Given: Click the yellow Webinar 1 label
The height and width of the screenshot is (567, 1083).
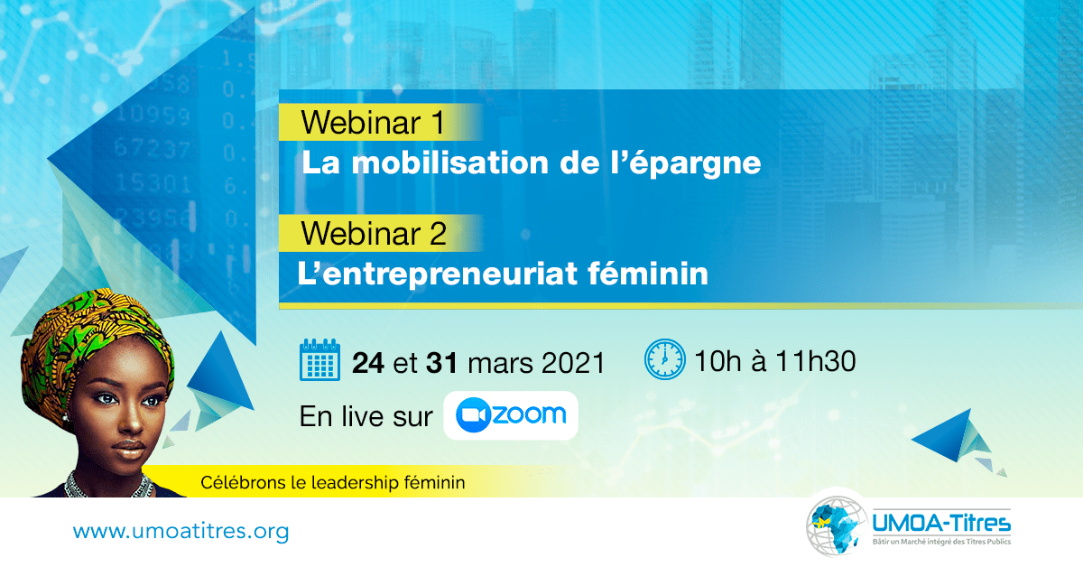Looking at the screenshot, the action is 380,122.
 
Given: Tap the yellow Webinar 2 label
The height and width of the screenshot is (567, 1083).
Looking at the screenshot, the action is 380,233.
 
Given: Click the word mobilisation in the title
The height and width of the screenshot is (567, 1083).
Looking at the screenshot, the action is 449,163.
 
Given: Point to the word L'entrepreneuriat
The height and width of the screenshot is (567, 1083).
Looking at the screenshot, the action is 438,274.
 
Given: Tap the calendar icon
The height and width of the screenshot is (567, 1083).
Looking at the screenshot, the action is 319,360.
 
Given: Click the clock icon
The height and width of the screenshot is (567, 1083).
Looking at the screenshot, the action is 665,359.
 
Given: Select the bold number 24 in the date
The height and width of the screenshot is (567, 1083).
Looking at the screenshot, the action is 368,362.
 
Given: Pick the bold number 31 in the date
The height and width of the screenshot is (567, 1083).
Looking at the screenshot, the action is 441,362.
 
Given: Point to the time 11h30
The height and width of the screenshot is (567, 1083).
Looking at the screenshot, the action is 816,361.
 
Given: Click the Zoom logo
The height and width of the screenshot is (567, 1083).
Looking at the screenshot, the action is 511,415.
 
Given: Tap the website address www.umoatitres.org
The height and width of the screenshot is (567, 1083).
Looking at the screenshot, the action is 180,531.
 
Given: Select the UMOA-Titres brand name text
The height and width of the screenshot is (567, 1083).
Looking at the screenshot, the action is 941,523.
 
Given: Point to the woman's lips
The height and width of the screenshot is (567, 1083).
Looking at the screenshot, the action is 128,449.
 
